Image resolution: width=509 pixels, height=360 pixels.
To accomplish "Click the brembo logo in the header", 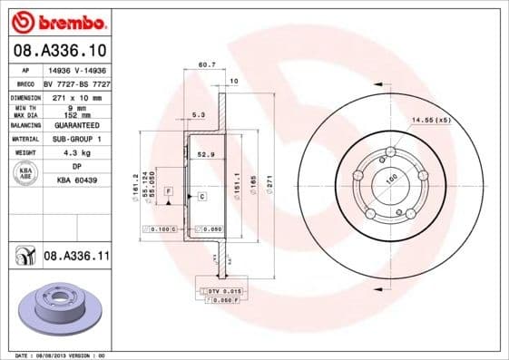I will click(57, 20).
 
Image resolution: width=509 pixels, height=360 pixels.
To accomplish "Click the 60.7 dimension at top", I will click(207, 64).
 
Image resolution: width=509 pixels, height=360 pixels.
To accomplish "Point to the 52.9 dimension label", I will click(206, 155).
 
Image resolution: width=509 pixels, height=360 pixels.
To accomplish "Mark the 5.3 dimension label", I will click(199, 115).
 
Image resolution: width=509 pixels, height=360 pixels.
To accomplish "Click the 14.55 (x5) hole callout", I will click(431, 119).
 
